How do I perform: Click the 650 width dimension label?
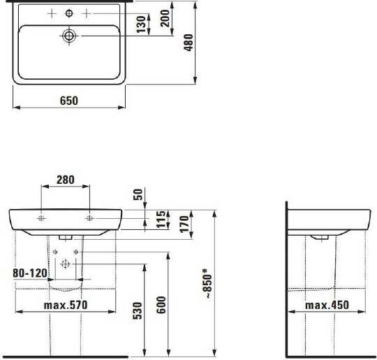(x=68, y=101)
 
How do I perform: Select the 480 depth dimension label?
(x=188, y=43)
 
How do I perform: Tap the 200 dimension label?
(x=165, y=18)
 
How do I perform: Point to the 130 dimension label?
(x=141, y=24)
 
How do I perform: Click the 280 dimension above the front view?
(x=66, y=180)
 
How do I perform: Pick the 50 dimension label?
(x=138, y=194)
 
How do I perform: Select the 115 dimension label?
(x=161, y=219)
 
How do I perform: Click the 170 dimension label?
(x=184, y=224)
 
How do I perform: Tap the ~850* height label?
(x=207, y=284)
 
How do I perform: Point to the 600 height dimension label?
(x=161, y=305)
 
